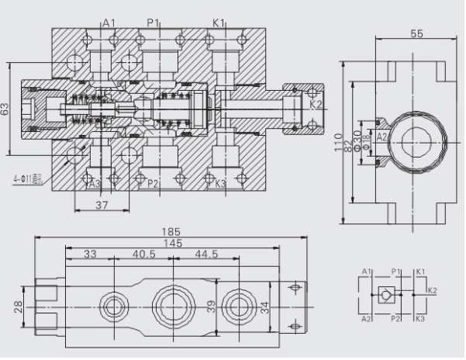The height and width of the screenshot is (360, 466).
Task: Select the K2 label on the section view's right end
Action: click(x=316, y=104)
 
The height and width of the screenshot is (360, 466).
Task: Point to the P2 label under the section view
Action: click(x=153, y=184)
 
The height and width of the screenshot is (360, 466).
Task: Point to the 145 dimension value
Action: click(x=172, y=243)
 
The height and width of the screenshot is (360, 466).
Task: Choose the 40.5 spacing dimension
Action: click(x=143, y=254)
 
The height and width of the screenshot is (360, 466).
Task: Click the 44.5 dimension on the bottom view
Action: click(x=206, y=254)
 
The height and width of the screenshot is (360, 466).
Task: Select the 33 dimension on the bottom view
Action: click(x=91, y=254)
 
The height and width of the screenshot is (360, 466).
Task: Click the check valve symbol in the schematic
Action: click(x=385, y=293)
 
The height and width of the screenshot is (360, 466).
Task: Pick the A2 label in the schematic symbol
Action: click(x=366, y=317)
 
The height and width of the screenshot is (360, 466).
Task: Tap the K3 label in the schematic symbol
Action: click(x=419, y=317)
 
